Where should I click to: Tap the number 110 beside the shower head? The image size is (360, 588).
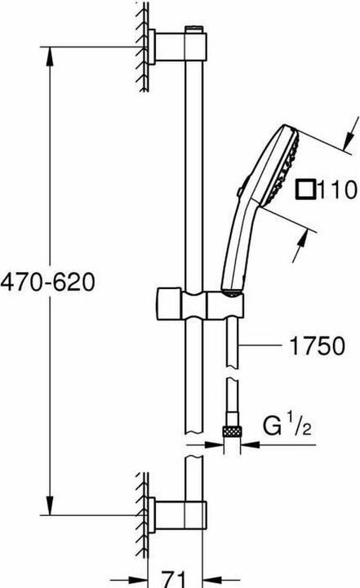(339, 191)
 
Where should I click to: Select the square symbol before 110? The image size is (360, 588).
(305, 191)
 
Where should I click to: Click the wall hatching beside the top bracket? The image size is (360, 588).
(140, 41)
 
